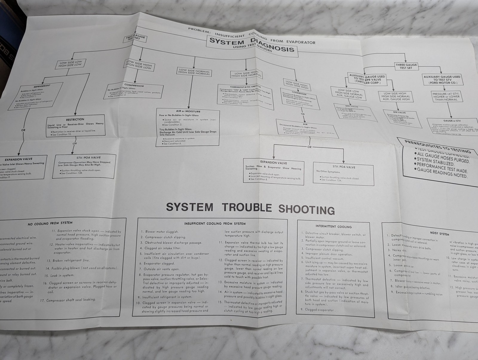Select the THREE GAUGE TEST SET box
(x=405, y=66)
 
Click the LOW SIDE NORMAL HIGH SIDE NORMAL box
(x=194, y=72)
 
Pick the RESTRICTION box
(x=76, y=125)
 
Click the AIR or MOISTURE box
(x=188, y=128)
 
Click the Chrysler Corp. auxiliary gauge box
(x=367, y=79)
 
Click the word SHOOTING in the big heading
(x=307, y=209)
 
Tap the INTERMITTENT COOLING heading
(x=333, y=226)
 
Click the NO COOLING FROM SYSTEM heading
(x=50, y=223)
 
